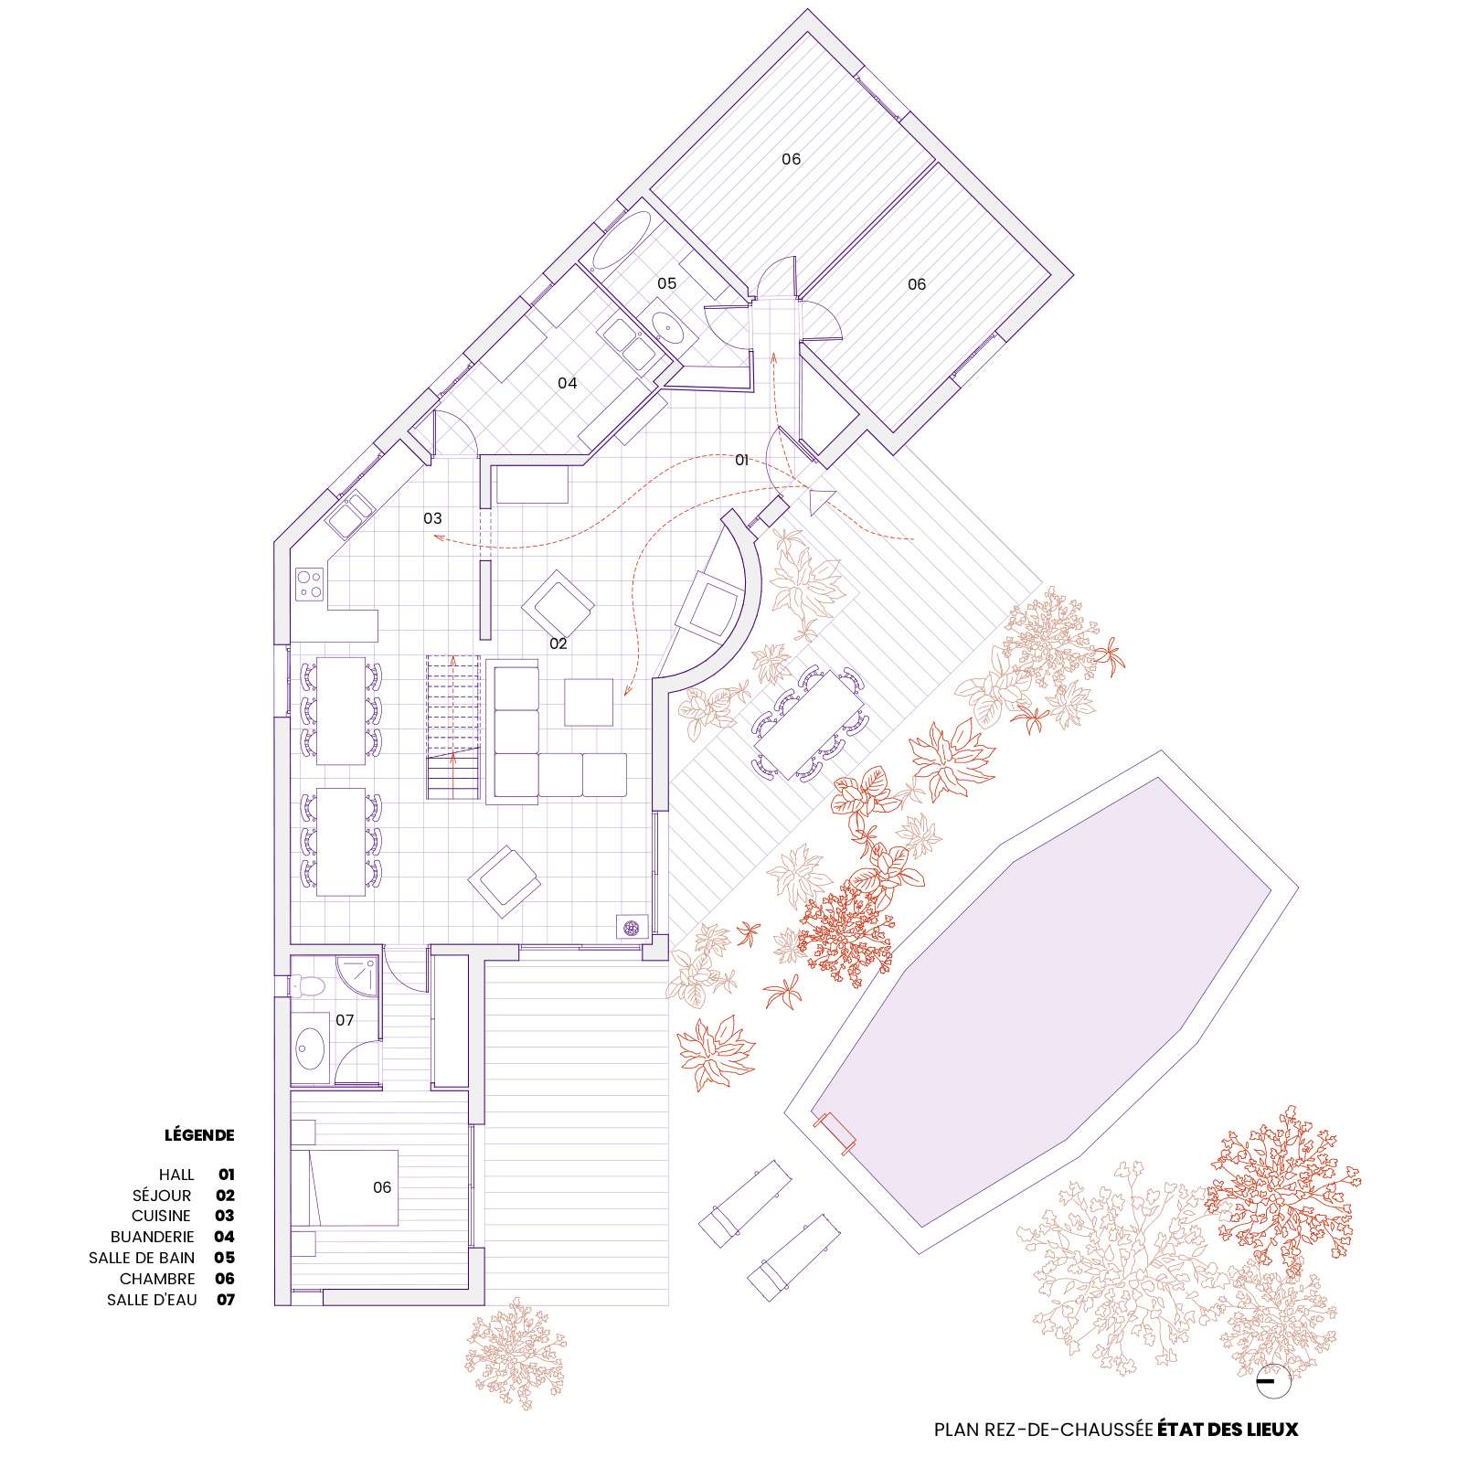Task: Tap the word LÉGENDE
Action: pos(199,1135)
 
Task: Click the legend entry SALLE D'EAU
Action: pos(152,1300)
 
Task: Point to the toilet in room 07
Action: pos(306,985)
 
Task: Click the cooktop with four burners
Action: pos(309,584)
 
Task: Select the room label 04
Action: pos(568,383)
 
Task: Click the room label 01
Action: pos(742,460)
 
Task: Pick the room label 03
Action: pos(432,518)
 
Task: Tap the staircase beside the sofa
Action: pos(452,727)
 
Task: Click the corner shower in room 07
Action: pos(355,979)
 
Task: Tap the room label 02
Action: pos(558,643)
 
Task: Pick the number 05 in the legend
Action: pos(225,1258)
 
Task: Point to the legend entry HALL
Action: pos(176,1175)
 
